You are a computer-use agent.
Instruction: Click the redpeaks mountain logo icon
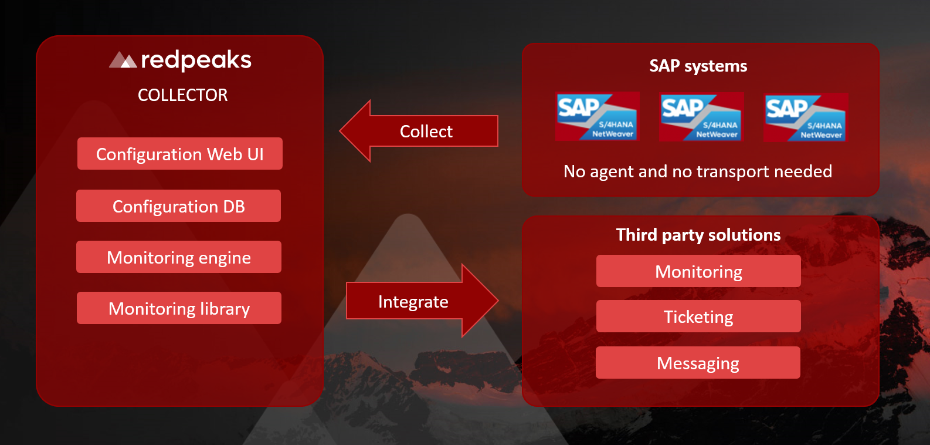pos(123,60)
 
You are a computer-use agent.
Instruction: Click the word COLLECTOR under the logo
pos(182,95)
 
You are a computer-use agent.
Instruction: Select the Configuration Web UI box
pos(180,154)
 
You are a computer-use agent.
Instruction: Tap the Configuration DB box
pos(178,206)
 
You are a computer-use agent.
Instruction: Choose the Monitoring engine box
pos(178,257)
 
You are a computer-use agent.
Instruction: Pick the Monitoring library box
pos(179,308)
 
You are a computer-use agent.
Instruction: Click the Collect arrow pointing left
pos(419,131)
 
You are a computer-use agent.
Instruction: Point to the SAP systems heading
pos(698,66)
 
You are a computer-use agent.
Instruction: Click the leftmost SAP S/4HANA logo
pos(597,116)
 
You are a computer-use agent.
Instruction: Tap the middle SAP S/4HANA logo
pos(701,117)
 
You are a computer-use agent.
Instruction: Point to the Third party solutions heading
pos(698,235)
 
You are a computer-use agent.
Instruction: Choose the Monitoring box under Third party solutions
pos(698,271)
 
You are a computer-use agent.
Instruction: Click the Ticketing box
pos(698,316)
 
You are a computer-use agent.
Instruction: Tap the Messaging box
pos(698,363)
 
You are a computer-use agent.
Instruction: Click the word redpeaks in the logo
pos(196,60)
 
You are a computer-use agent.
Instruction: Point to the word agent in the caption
pos(612,172)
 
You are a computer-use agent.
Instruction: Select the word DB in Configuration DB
pos(233,206)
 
